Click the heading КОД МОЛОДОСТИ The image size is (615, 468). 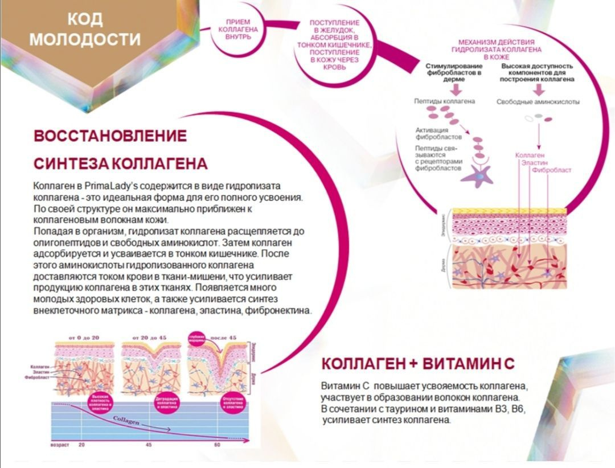click(85, 29)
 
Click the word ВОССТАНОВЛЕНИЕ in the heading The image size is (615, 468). click(110, 136)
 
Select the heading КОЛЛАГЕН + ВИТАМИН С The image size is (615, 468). click(418, 364)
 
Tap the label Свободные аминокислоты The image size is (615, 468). click(538, 102)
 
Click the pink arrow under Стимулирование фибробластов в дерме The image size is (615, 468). click(453, 90)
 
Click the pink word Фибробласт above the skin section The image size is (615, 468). click(551, 170)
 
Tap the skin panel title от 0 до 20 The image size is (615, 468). click(84, 338)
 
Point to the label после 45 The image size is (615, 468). click(223, 338)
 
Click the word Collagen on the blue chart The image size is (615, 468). click(126, 420)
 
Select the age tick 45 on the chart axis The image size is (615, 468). click(149, 444)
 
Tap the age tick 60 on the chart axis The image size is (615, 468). click(217, 444)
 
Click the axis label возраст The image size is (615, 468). click(60, 444)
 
